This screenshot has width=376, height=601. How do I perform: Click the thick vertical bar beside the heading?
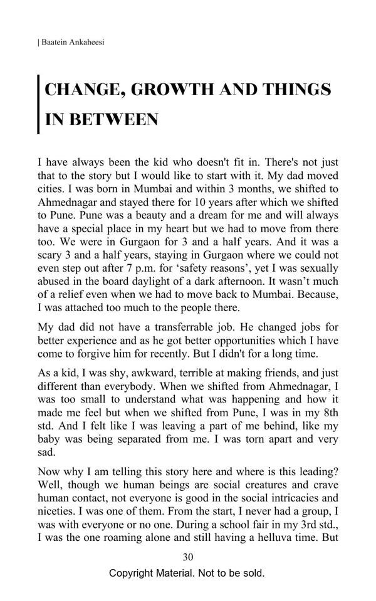[39, 105]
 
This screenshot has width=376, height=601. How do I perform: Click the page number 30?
[187, 557]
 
